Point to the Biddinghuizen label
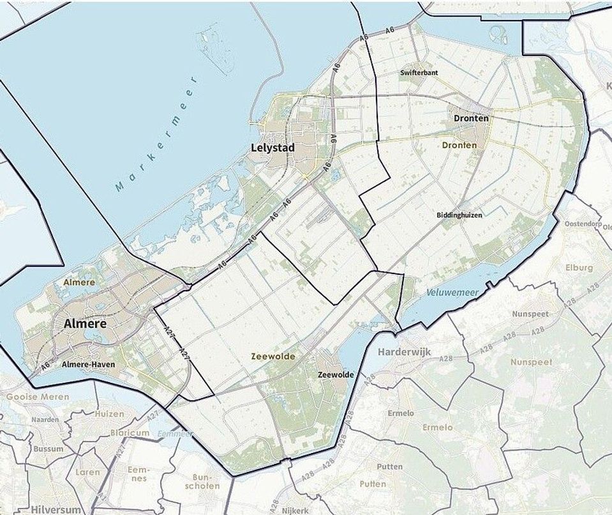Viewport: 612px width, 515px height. (x=459, y=215)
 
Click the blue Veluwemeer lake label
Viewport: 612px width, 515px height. (x=452, y=293)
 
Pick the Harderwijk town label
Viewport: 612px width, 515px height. (x=405, y=352)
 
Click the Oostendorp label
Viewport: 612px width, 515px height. (x=581, y=224)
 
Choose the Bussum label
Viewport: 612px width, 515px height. (x=49, y=449)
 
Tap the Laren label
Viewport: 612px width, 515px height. (x=87, y=472)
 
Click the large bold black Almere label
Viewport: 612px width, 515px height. (x=85, y=324)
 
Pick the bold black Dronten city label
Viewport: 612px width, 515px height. (x=471, y=119)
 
